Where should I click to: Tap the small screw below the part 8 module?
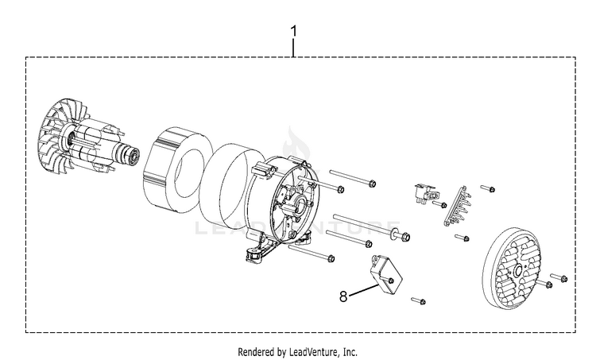click(419, 301)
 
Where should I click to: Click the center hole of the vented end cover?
click(518, 272)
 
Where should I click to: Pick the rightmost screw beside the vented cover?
click(563, 277)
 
